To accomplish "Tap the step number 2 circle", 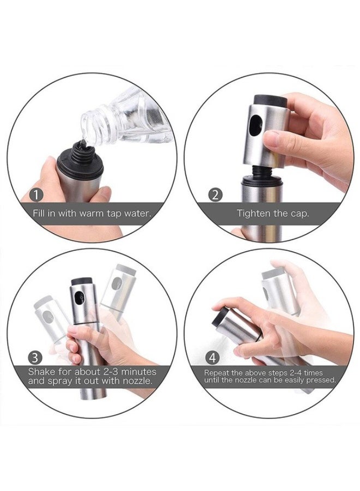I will coord(216,195).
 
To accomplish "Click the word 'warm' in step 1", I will coord(82,213).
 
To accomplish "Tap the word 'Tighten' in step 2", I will coord(253,213).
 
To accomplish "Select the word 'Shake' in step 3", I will coord(42,372).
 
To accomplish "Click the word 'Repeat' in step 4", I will coord(218,372).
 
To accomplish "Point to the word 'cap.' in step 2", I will coord(299,213).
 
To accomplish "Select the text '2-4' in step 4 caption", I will coord(299,372).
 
